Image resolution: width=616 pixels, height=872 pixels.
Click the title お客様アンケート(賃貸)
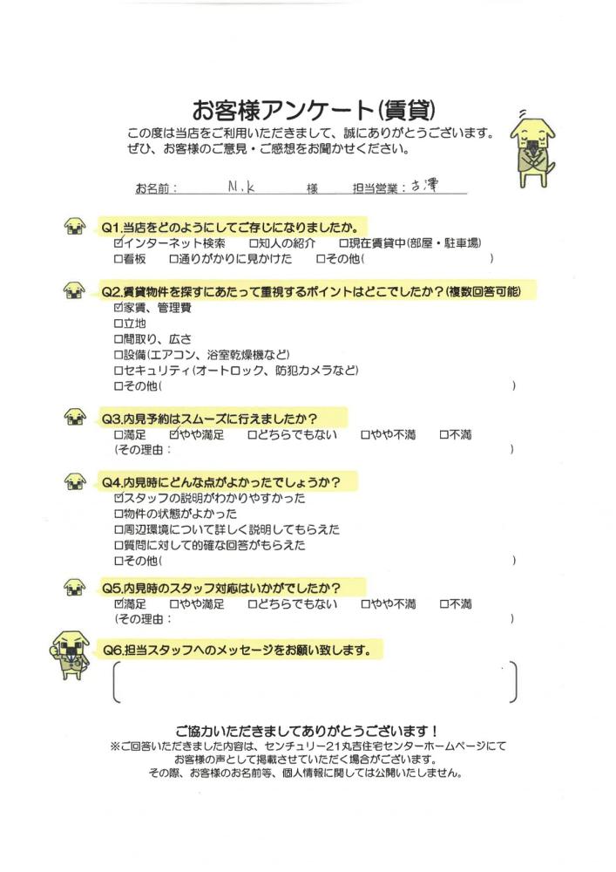(313, 111)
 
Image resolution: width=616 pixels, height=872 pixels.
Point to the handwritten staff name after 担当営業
(423, 186)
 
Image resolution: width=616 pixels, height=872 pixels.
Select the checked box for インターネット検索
(118, 243)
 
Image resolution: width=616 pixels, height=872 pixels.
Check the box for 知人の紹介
(254, 243)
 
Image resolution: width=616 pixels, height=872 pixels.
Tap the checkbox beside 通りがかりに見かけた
(173, 259)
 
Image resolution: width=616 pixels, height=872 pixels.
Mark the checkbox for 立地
(118, 323)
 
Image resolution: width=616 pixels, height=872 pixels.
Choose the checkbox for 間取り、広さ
(118, 338)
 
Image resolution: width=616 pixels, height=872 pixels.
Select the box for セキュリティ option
(118, 370)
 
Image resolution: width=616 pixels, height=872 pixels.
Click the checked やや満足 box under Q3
(174, 433)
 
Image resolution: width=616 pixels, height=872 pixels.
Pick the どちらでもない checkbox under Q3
(252, 433)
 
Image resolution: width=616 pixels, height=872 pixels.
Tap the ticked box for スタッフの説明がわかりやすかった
(118, 498)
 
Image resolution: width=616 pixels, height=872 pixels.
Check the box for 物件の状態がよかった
(118, 514)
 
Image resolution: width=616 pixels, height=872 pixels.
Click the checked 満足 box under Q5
(118, 603)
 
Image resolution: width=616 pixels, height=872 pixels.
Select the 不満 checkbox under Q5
(444, 603)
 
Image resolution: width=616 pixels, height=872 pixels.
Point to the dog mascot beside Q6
(71, 655)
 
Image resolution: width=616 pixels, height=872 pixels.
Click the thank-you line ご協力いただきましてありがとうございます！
(307, 730)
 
